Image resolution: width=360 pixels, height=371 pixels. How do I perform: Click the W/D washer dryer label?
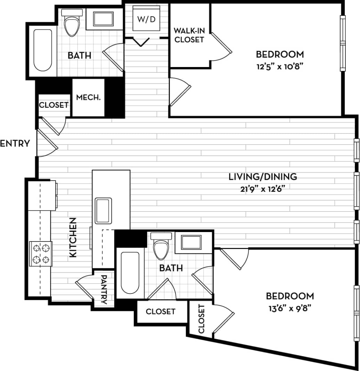147,19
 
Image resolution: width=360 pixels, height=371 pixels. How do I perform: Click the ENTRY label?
15,143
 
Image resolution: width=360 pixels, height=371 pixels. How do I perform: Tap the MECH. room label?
88,98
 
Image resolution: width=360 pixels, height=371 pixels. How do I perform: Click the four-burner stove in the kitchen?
41,254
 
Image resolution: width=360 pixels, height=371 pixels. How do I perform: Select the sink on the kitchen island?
103,211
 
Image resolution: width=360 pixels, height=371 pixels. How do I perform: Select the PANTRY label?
104,289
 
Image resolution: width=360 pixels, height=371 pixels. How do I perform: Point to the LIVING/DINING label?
263,176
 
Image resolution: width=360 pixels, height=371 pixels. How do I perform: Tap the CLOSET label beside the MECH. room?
54,105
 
